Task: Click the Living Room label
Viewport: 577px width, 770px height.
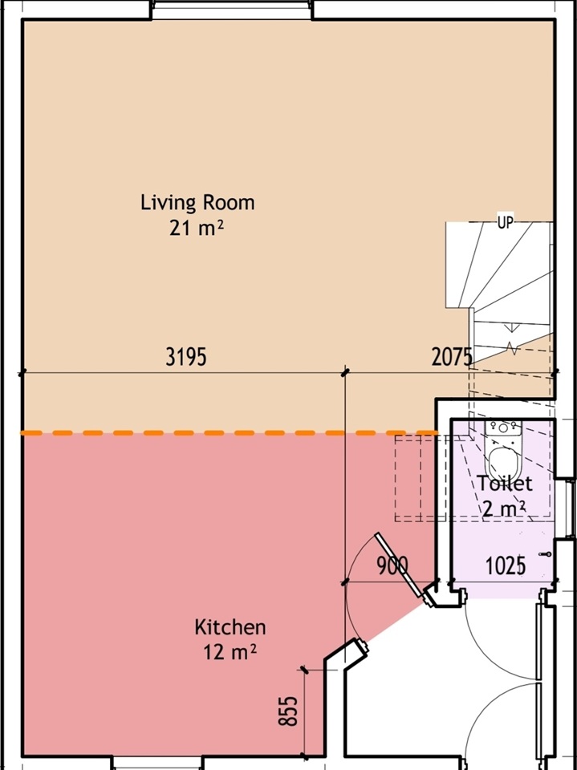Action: click(197, 202)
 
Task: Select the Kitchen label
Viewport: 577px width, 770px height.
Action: click(230, 627)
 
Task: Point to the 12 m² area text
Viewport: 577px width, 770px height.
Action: click(230, 652)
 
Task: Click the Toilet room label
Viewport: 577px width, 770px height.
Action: click(505, 484)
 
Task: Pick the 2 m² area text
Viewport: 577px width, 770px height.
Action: click(503, 509)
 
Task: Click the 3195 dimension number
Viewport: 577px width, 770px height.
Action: click(186, 357)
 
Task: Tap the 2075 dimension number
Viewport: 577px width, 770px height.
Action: click(452, 357)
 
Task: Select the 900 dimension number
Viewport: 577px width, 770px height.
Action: click(392, 566)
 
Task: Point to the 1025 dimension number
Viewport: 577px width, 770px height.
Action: click(506, 566)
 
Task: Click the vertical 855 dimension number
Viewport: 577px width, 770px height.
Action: click(289, 711)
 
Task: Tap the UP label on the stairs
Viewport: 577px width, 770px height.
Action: click(506, 223)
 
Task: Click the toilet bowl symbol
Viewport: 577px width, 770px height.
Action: click(503, 462)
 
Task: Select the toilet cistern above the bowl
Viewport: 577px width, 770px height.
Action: click(503, 428)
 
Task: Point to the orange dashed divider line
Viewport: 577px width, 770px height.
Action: click(229, 433)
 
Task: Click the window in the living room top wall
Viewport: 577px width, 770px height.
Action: click(231, 10)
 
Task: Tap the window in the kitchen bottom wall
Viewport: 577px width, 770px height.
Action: click(157, 763)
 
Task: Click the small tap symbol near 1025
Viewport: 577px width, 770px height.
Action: click(545, 554)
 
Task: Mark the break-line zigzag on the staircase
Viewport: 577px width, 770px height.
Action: click(511, 348)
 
